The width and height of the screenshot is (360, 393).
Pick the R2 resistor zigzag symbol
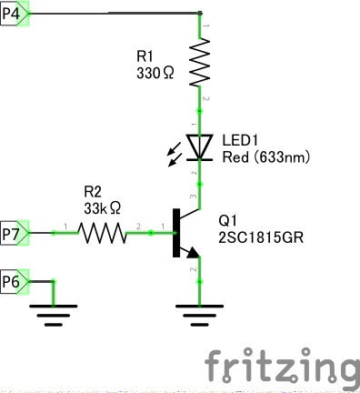coord(102,234)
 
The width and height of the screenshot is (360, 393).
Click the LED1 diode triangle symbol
coord(199,146)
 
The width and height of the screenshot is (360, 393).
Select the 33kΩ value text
coord(102,207)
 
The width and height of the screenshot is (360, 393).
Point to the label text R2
coord(94,192)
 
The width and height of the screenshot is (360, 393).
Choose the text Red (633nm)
coord(266,157)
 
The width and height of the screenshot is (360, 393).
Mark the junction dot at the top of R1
coord(199,14)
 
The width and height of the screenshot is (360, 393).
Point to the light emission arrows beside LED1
coord(174,156)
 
